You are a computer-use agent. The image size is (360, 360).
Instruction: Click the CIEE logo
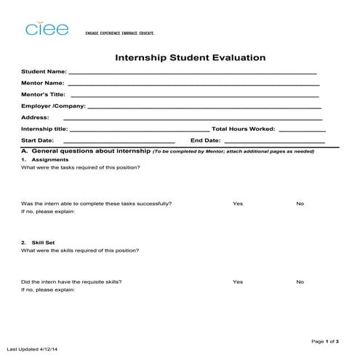(47, 29)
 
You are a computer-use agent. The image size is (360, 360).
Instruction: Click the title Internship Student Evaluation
(190, 57)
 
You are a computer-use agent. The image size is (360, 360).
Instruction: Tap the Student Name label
(44, 72)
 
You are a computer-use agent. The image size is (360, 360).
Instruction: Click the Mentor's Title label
(43, 95)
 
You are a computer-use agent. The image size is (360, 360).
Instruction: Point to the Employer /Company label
(53, 106)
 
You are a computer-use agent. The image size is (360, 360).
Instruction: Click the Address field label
(35, 117)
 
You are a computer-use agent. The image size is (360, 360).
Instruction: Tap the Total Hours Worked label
(243, 129)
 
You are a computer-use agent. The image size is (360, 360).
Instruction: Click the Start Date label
(38, 140)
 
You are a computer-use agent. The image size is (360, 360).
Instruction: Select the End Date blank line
(273, 141)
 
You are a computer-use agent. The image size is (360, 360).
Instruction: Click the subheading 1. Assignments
(45, 159)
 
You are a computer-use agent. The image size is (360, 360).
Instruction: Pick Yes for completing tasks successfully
(237, 204)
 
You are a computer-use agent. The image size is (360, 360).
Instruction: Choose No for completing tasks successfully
(300, 204)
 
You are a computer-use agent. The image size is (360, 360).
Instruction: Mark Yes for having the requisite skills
(237, 281)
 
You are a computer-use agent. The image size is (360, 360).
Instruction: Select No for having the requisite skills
(300, 281)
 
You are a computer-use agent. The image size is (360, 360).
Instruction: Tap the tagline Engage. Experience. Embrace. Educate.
(120, 33)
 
